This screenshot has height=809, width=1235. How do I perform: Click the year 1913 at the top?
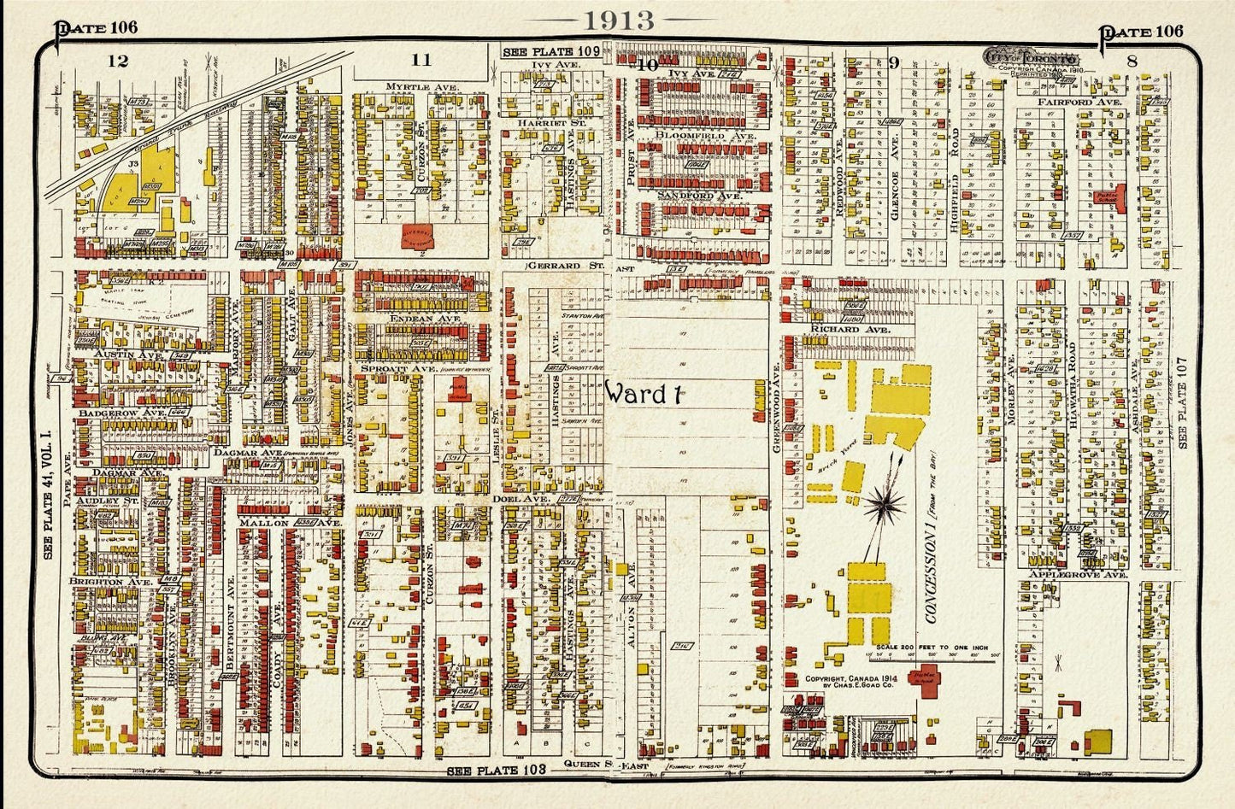coord(617,21)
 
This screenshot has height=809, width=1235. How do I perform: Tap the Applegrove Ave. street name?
coord(1078,575)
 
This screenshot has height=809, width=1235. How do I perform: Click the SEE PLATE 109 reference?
coord(538,52)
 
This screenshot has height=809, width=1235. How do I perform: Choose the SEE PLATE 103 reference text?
coord(497,771)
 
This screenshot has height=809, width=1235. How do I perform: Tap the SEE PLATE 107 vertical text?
coord(1183,402)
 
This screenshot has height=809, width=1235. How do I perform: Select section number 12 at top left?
coord(118,61)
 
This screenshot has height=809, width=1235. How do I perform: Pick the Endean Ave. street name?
coord(414,319)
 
